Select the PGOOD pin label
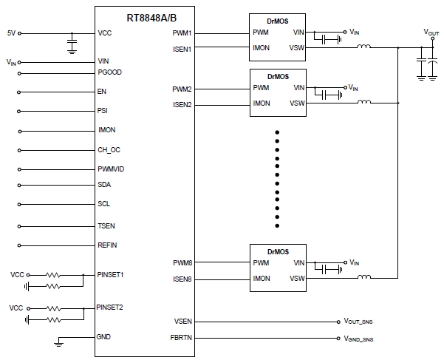(110, 73)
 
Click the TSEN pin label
(106, 225)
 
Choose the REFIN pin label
(108, 245)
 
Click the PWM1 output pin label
(182, 33)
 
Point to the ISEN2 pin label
(182, 104)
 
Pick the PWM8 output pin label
(182, 262)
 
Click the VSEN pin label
(182, 322)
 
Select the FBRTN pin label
(182, 338)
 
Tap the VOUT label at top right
(430, 33)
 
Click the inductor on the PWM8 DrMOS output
(363, 277)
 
